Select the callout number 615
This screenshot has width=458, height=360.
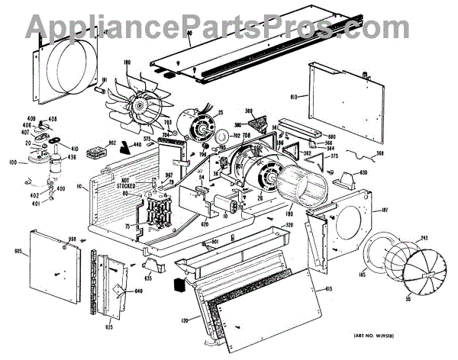tap(328, 287)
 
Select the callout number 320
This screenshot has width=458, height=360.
tap(266, 225)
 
